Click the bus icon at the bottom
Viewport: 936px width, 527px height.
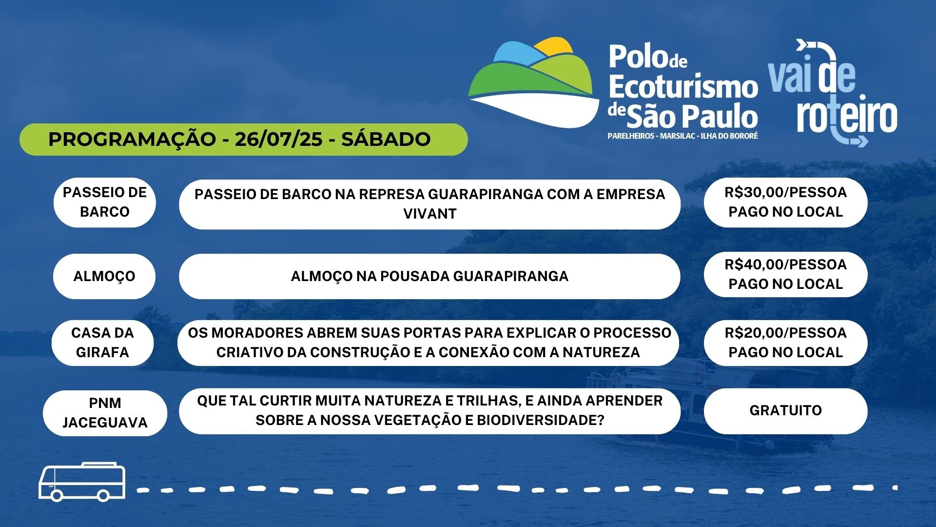(82, 482)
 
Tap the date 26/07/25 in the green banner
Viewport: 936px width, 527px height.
(278, 139)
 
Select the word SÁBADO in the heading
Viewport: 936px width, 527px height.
(386, 139)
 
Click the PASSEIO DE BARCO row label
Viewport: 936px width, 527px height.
(104, 202)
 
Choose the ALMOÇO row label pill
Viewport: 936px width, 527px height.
(104, 276)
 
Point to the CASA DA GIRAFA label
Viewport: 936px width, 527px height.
(102, 343)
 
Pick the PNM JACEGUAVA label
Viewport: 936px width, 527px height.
(105, 413)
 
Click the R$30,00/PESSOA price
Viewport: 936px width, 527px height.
(785, 192)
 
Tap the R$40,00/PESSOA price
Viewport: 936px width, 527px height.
(785, 264)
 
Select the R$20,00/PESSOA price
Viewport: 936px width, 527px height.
(785, 333)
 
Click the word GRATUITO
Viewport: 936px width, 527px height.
(785, 410)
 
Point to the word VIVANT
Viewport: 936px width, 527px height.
(429, 214)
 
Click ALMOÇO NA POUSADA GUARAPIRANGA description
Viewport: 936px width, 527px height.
(429, 276)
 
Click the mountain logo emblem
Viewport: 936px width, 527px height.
(534, 82)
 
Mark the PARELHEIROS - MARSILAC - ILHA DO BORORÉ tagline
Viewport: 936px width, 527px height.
(682, 136)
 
